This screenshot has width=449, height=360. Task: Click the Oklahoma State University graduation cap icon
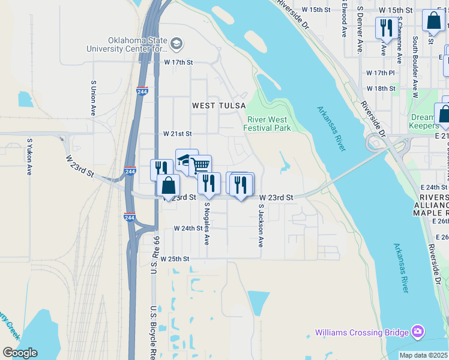(176, 43)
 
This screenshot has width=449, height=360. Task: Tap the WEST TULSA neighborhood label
(219, 106)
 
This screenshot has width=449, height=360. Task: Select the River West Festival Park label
(268, 124)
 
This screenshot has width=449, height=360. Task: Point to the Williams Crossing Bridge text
(362, 332)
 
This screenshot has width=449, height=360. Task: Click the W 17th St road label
(179, 62)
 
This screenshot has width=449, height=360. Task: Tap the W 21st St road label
(177, 134)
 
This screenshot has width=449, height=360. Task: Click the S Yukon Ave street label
(29, 157)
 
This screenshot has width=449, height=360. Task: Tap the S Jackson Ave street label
(261, 225)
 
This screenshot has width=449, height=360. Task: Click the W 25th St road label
(175, 259)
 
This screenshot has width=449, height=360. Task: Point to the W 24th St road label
(188, 229)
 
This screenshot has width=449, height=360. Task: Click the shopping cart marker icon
(200, 164)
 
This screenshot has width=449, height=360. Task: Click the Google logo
(20, 352)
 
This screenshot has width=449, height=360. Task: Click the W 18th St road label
(381, 88)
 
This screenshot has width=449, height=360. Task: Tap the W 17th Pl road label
(381, 73)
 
